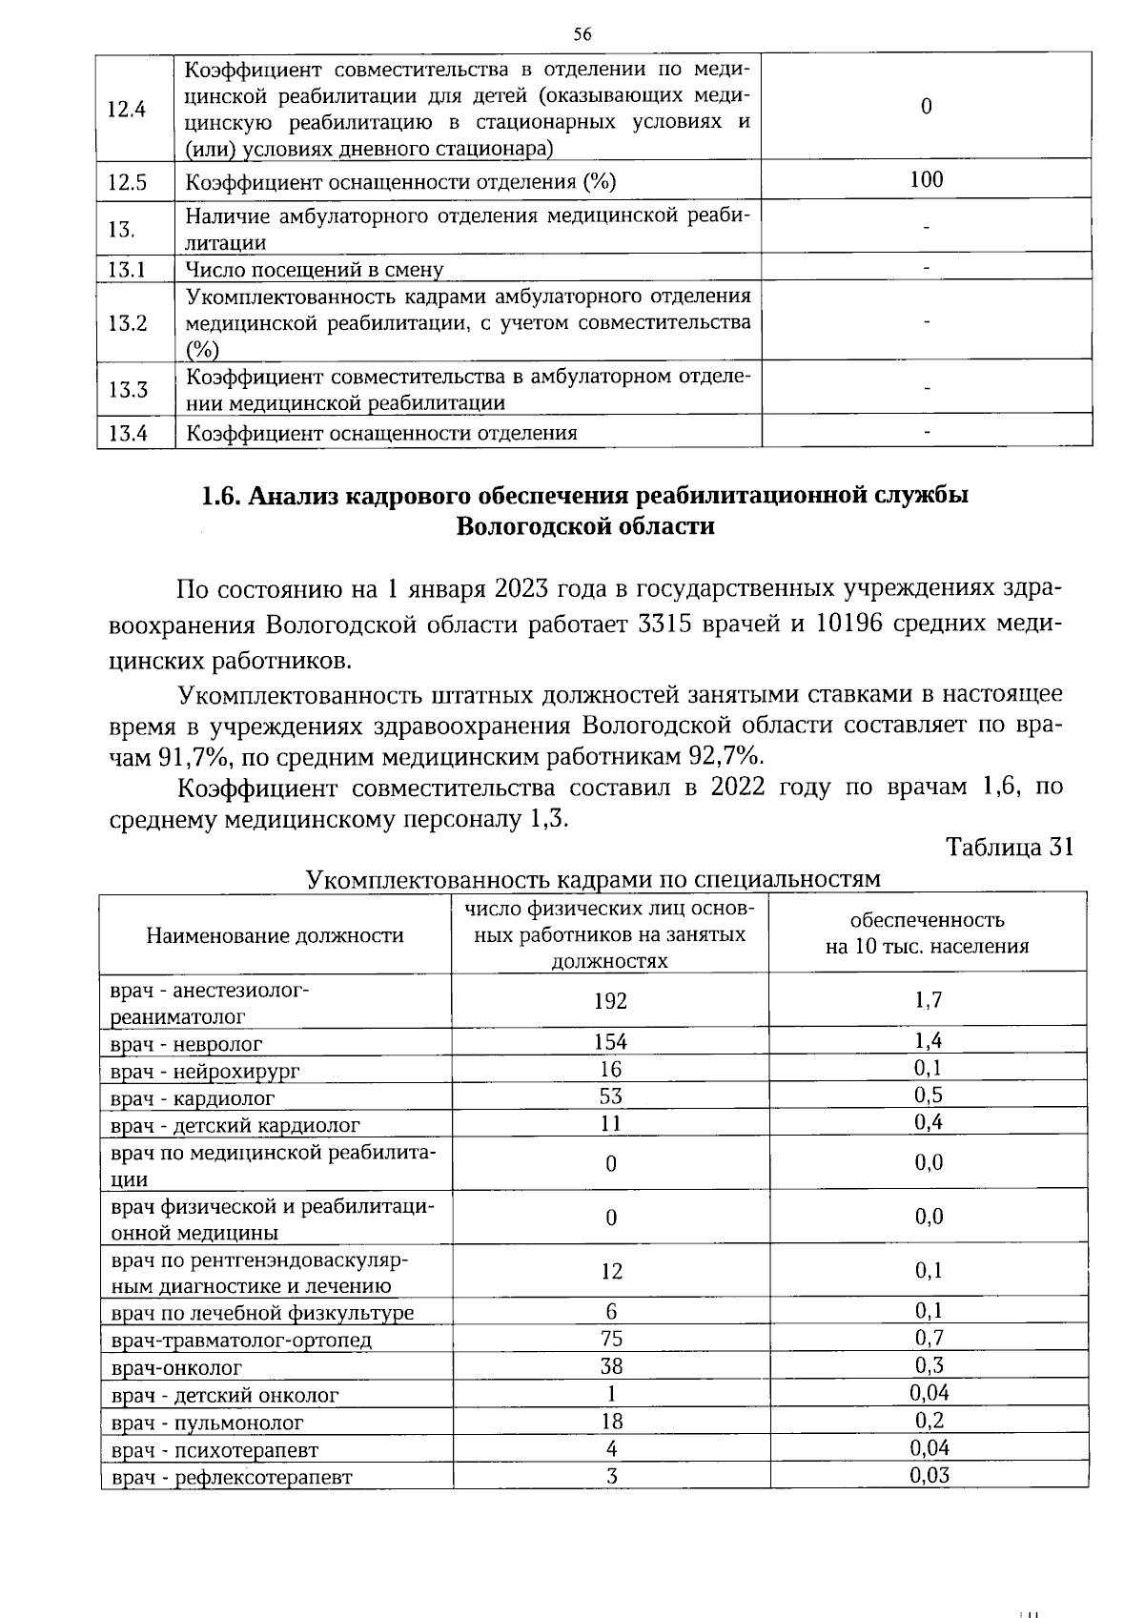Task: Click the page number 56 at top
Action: [582, 35]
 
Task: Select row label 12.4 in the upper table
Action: [127, 109]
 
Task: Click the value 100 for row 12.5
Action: [927, 179]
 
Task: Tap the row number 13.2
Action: [128, 322]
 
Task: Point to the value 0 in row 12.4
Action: [927, 107]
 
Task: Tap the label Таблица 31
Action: [1010, 847]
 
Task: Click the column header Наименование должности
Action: [275, 935]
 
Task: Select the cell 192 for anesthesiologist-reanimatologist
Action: [610, 1000]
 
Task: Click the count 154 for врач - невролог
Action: [610, 1042]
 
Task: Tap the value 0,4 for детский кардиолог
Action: [928, 1122]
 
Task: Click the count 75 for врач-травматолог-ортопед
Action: [611, 1339]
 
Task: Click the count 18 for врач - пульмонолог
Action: [611, 1421]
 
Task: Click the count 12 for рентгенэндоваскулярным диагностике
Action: [611, 1271]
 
